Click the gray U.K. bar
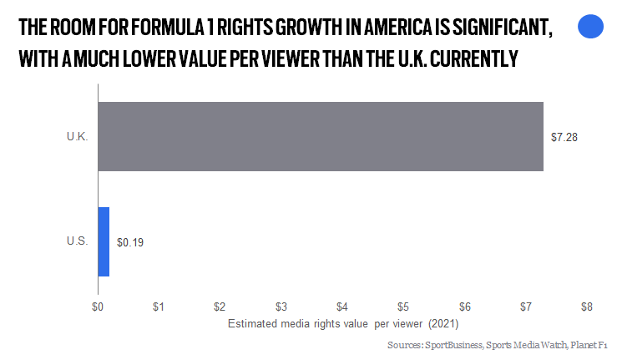pyautogui.click(x=321, y=136)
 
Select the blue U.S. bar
pyautogui.click(x=104, y=241)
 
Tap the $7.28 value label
pyautogui.click(x=564, y=137)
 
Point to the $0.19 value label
pyautogui.click(x=129, y=242)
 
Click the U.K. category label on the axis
pyautogui.click(x=77, y=137)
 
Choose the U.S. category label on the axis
pyautogui.click(x=77, y=241)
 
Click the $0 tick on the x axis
pyautogui.click(x=98, y=307)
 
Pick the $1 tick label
pyautogui.click(x=159, y=307)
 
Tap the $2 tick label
pyautogui.click(x=220, y=307)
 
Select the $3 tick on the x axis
pyautogui.click(x=281, y=307)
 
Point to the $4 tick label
pyautogui.click(x=342, y=307)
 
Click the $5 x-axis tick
pyautogui.click(x=403, y=307)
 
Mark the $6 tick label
pyautogui.click(x=464, y=307)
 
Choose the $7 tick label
pyautogui.click(x=526, y=307)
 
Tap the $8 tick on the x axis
pyautogui.click(x=587, y=307)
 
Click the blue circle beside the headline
pyautogui.click(x=590, y=28)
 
